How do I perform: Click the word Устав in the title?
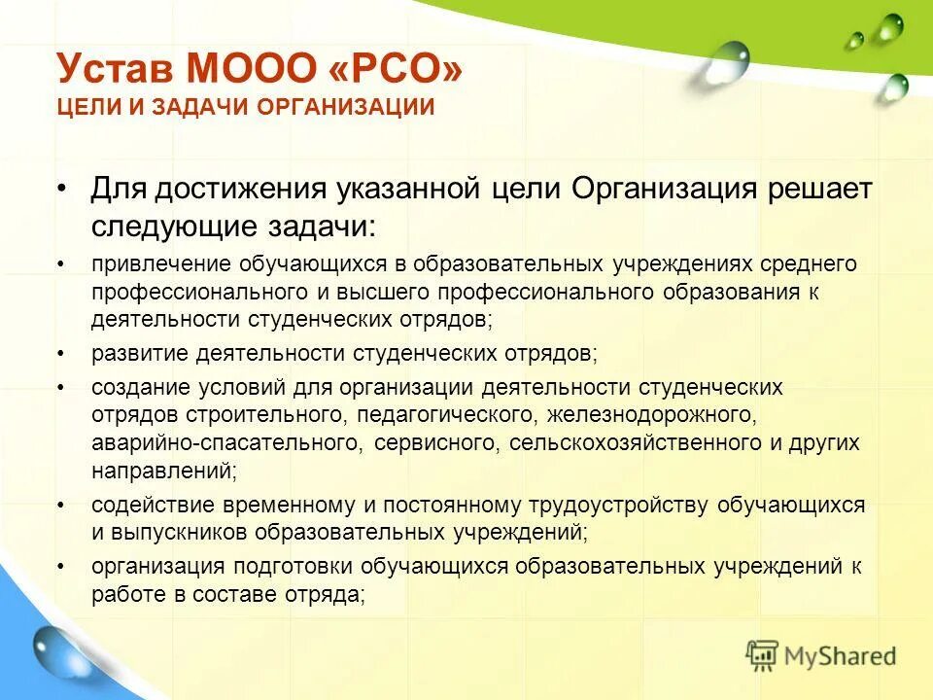116,69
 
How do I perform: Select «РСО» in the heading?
401,69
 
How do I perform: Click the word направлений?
161,471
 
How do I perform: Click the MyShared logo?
821,656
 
